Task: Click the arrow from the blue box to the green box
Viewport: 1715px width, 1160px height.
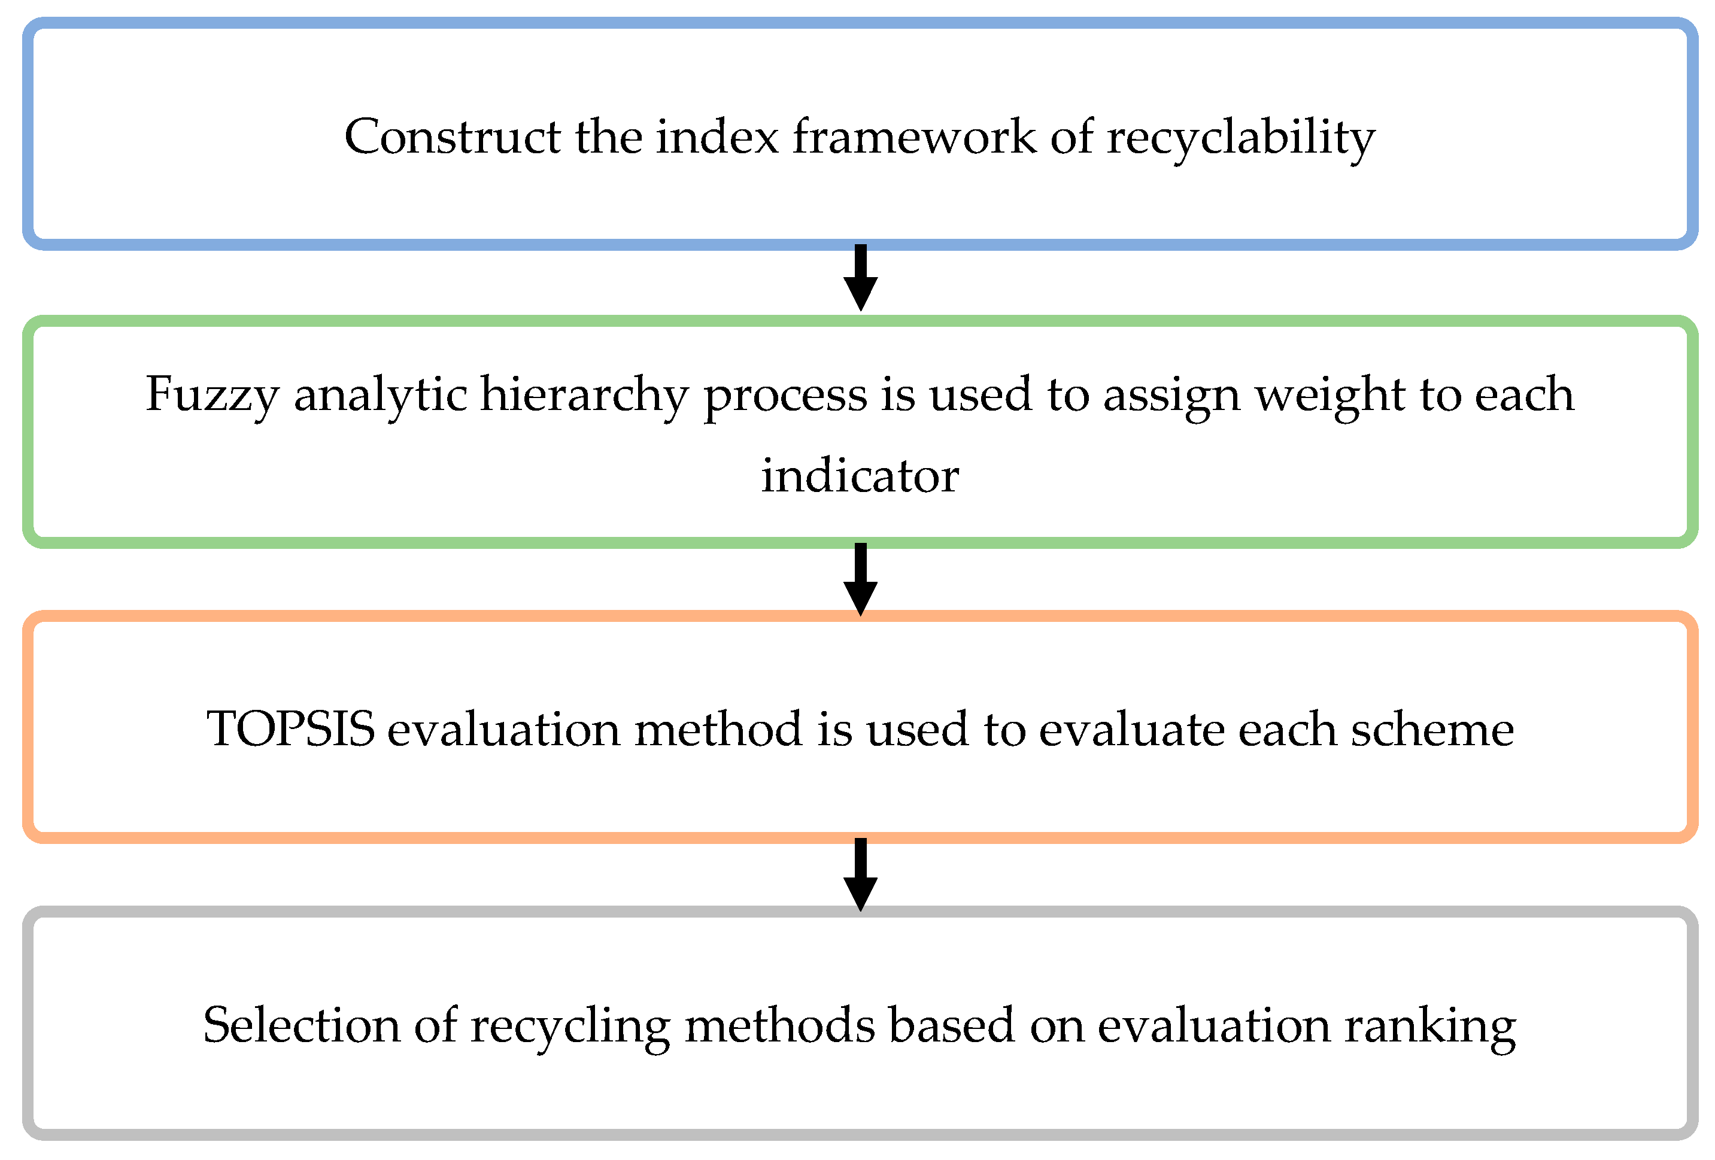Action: [x=860, y=278]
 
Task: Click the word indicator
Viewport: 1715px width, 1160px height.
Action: [x=860, y=476]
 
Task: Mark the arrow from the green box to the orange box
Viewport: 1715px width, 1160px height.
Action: [x=860, y=579]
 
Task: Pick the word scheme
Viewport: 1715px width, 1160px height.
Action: [x=1432, y=730]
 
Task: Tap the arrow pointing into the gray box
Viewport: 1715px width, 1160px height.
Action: [x=860, y=874]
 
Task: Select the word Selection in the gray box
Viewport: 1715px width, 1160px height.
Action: [x=301, y=1026]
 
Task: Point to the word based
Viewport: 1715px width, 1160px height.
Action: [x=951, y=1026]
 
